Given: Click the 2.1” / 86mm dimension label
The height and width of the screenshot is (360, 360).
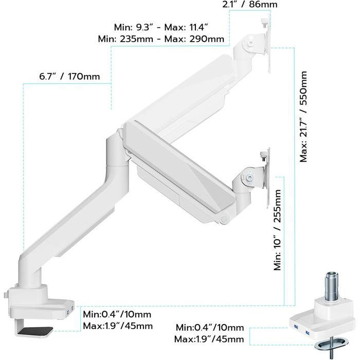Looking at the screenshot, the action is (x=250, y=4).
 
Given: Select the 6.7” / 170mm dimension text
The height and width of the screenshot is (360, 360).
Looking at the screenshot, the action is (x=69, y=77).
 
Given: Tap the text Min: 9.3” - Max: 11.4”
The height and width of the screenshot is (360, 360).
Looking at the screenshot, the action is (x=161, y=27).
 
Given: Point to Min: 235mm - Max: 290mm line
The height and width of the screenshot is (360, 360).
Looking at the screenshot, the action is (x=161, y=39).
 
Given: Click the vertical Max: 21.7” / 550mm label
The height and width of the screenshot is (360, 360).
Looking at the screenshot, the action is (x=303, y=117).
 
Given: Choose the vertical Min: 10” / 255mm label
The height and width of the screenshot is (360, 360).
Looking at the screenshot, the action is (x=277, y=230).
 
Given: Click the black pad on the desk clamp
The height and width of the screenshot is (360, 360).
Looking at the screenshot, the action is (x=36, y=331).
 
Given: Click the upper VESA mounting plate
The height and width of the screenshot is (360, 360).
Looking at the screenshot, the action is (x=268, y=43).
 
